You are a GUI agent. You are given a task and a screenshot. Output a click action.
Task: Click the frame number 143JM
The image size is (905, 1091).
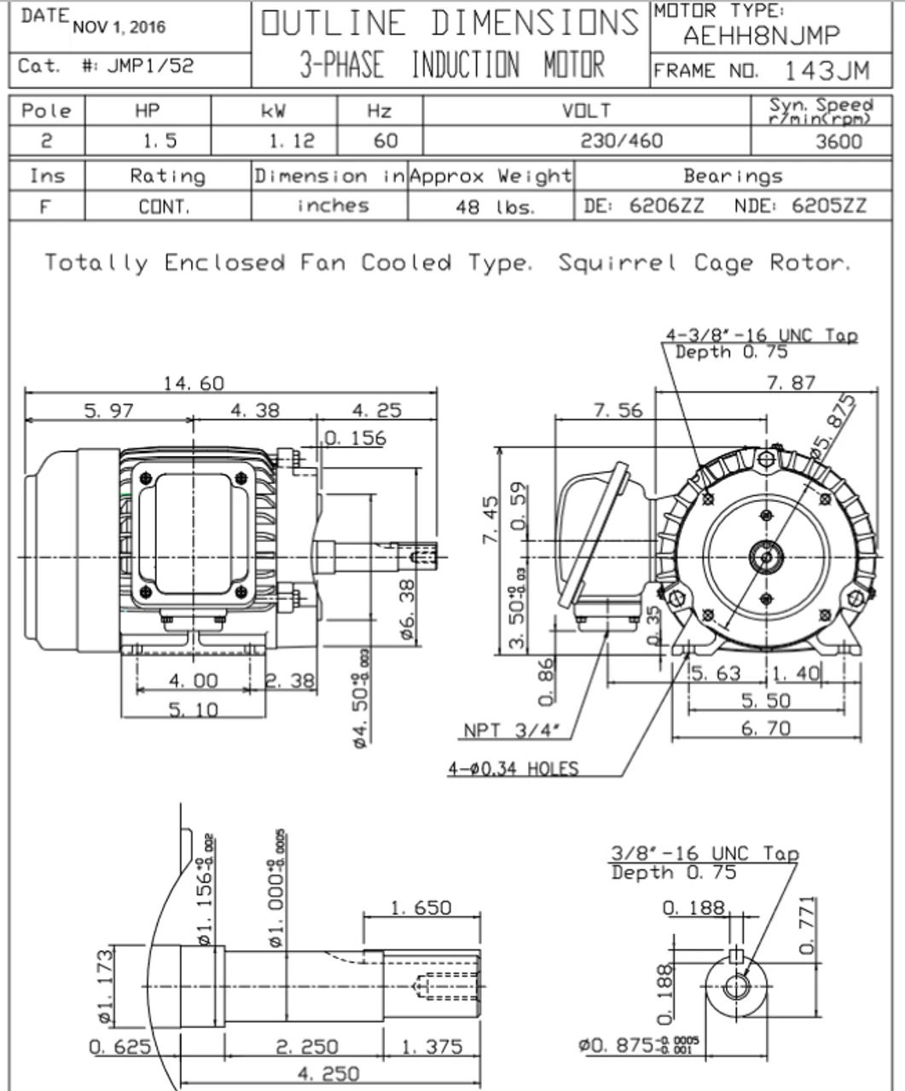point(827,70)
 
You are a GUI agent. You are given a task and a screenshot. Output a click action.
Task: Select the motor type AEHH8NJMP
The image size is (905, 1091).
point(761,36)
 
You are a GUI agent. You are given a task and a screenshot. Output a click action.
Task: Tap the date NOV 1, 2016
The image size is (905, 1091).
point(119,27)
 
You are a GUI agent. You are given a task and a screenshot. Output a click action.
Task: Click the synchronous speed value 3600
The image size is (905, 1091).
point(838,141)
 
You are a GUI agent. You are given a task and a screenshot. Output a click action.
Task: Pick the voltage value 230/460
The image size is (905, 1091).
point(621,141)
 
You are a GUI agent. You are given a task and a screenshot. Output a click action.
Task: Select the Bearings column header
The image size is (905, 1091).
point(732,176)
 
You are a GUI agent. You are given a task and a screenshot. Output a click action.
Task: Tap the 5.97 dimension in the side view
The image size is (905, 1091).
point(108,411)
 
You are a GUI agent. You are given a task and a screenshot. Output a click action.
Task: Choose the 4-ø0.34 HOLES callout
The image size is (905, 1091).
point(513,769)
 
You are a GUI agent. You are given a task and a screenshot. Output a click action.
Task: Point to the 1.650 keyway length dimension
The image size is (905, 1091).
point(421,908)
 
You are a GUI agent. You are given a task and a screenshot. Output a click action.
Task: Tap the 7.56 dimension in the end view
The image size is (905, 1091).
point(618,411)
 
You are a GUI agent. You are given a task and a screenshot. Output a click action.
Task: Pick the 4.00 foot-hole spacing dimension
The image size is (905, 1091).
point(193,681)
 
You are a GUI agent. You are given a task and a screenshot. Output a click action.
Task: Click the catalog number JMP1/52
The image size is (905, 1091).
point(150,66)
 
